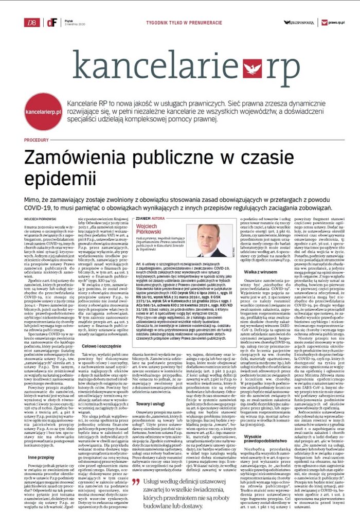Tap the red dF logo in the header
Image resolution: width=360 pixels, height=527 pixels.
(50, 22)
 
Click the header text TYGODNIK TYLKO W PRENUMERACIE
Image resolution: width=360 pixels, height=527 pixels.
(181, 22)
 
